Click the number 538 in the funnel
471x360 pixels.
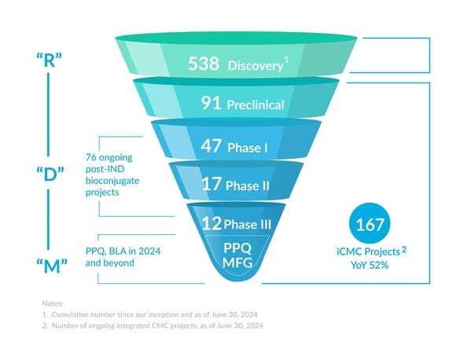[x=204, y=64]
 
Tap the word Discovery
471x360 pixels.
[x=255, y=66]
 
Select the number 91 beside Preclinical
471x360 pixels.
[x=212, y=103]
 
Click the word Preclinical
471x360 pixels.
[x=256, y=105]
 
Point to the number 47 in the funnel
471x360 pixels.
[x=212, y=145]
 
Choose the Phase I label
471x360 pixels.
[x=248, y=148]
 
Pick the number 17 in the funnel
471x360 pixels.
[x=212, y=184]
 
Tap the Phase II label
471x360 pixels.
[x=248, y=186]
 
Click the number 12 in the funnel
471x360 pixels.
[x=212, y=224]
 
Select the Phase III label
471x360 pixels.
[x=248, y=225]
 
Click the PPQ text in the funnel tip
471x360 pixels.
[x=237, y=248]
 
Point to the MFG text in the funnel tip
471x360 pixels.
[x=237, y=263]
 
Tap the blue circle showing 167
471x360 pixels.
[x=370, y=223]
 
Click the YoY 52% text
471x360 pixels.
[x=370, y=265]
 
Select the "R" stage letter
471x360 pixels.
[x=50, y=60]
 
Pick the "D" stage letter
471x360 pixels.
[x=50, y=174]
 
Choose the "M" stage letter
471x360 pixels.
[x=52, y=266]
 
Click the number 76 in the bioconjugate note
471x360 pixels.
[x=91, y=157]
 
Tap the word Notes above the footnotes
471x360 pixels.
[x=53, y=303]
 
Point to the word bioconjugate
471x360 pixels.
[x=112, y=181]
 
